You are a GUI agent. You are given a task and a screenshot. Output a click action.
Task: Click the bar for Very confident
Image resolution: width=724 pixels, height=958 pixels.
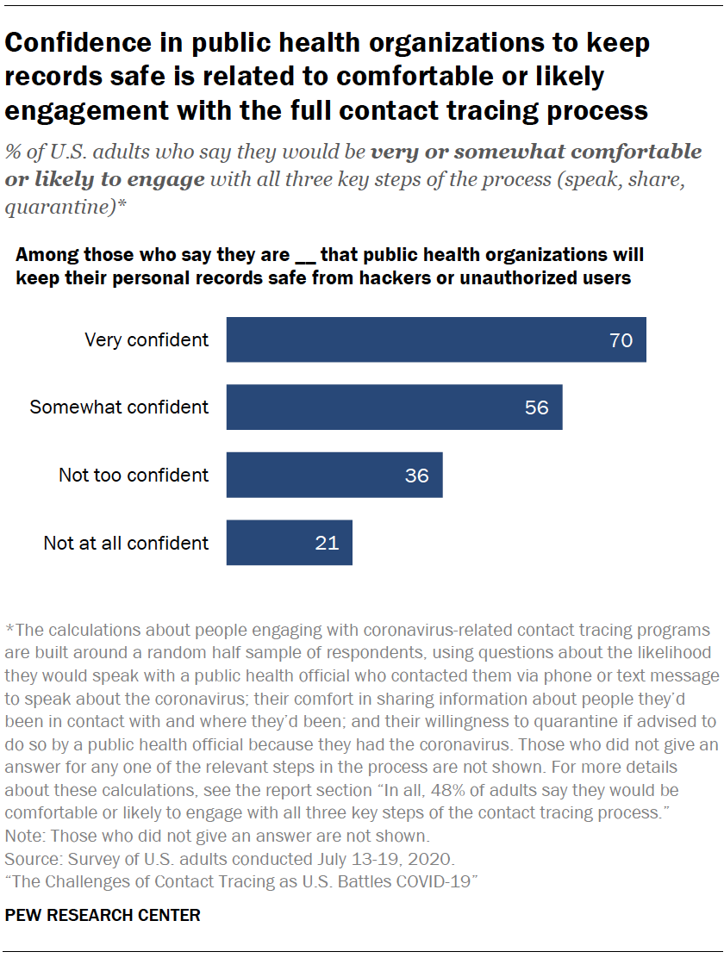point(435,339)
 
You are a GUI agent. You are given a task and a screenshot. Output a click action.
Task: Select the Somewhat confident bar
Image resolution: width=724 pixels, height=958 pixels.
point(394,407)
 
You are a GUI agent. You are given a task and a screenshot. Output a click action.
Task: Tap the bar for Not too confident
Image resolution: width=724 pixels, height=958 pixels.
point(334,475)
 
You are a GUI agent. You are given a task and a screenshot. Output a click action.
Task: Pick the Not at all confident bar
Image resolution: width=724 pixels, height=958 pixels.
point(289,543)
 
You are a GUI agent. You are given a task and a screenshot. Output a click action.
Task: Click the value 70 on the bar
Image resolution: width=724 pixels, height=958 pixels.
point(621,340)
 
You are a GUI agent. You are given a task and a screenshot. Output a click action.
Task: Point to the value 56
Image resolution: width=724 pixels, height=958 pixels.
point(536,407)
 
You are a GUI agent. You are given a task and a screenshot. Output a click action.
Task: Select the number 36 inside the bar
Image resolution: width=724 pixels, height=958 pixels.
point(416,476)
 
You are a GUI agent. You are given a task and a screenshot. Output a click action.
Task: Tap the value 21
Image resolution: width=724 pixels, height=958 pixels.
point(327,544)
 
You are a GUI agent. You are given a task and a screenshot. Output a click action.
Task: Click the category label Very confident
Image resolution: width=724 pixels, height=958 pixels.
point(147,339)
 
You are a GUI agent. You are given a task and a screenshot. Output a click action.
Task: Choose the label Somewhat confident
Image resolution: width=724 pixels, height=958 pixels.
point(119,407)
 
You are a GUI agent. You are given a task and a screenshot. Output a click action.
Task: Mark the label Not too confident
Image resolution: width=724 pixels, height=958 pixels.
point(134,475)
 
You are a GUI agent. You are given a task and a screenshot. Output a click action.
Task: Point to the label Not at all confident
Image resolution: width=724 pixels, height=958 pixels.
point(126,543)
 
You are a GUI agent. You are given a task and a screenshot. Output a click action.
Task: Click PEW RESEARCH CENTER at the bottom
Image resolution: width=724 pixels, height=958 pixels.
point(103,916)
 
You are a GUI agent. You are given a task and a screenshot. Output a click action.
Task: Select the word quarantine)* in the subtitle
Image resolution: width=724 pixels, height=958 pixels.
point(54,207)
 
